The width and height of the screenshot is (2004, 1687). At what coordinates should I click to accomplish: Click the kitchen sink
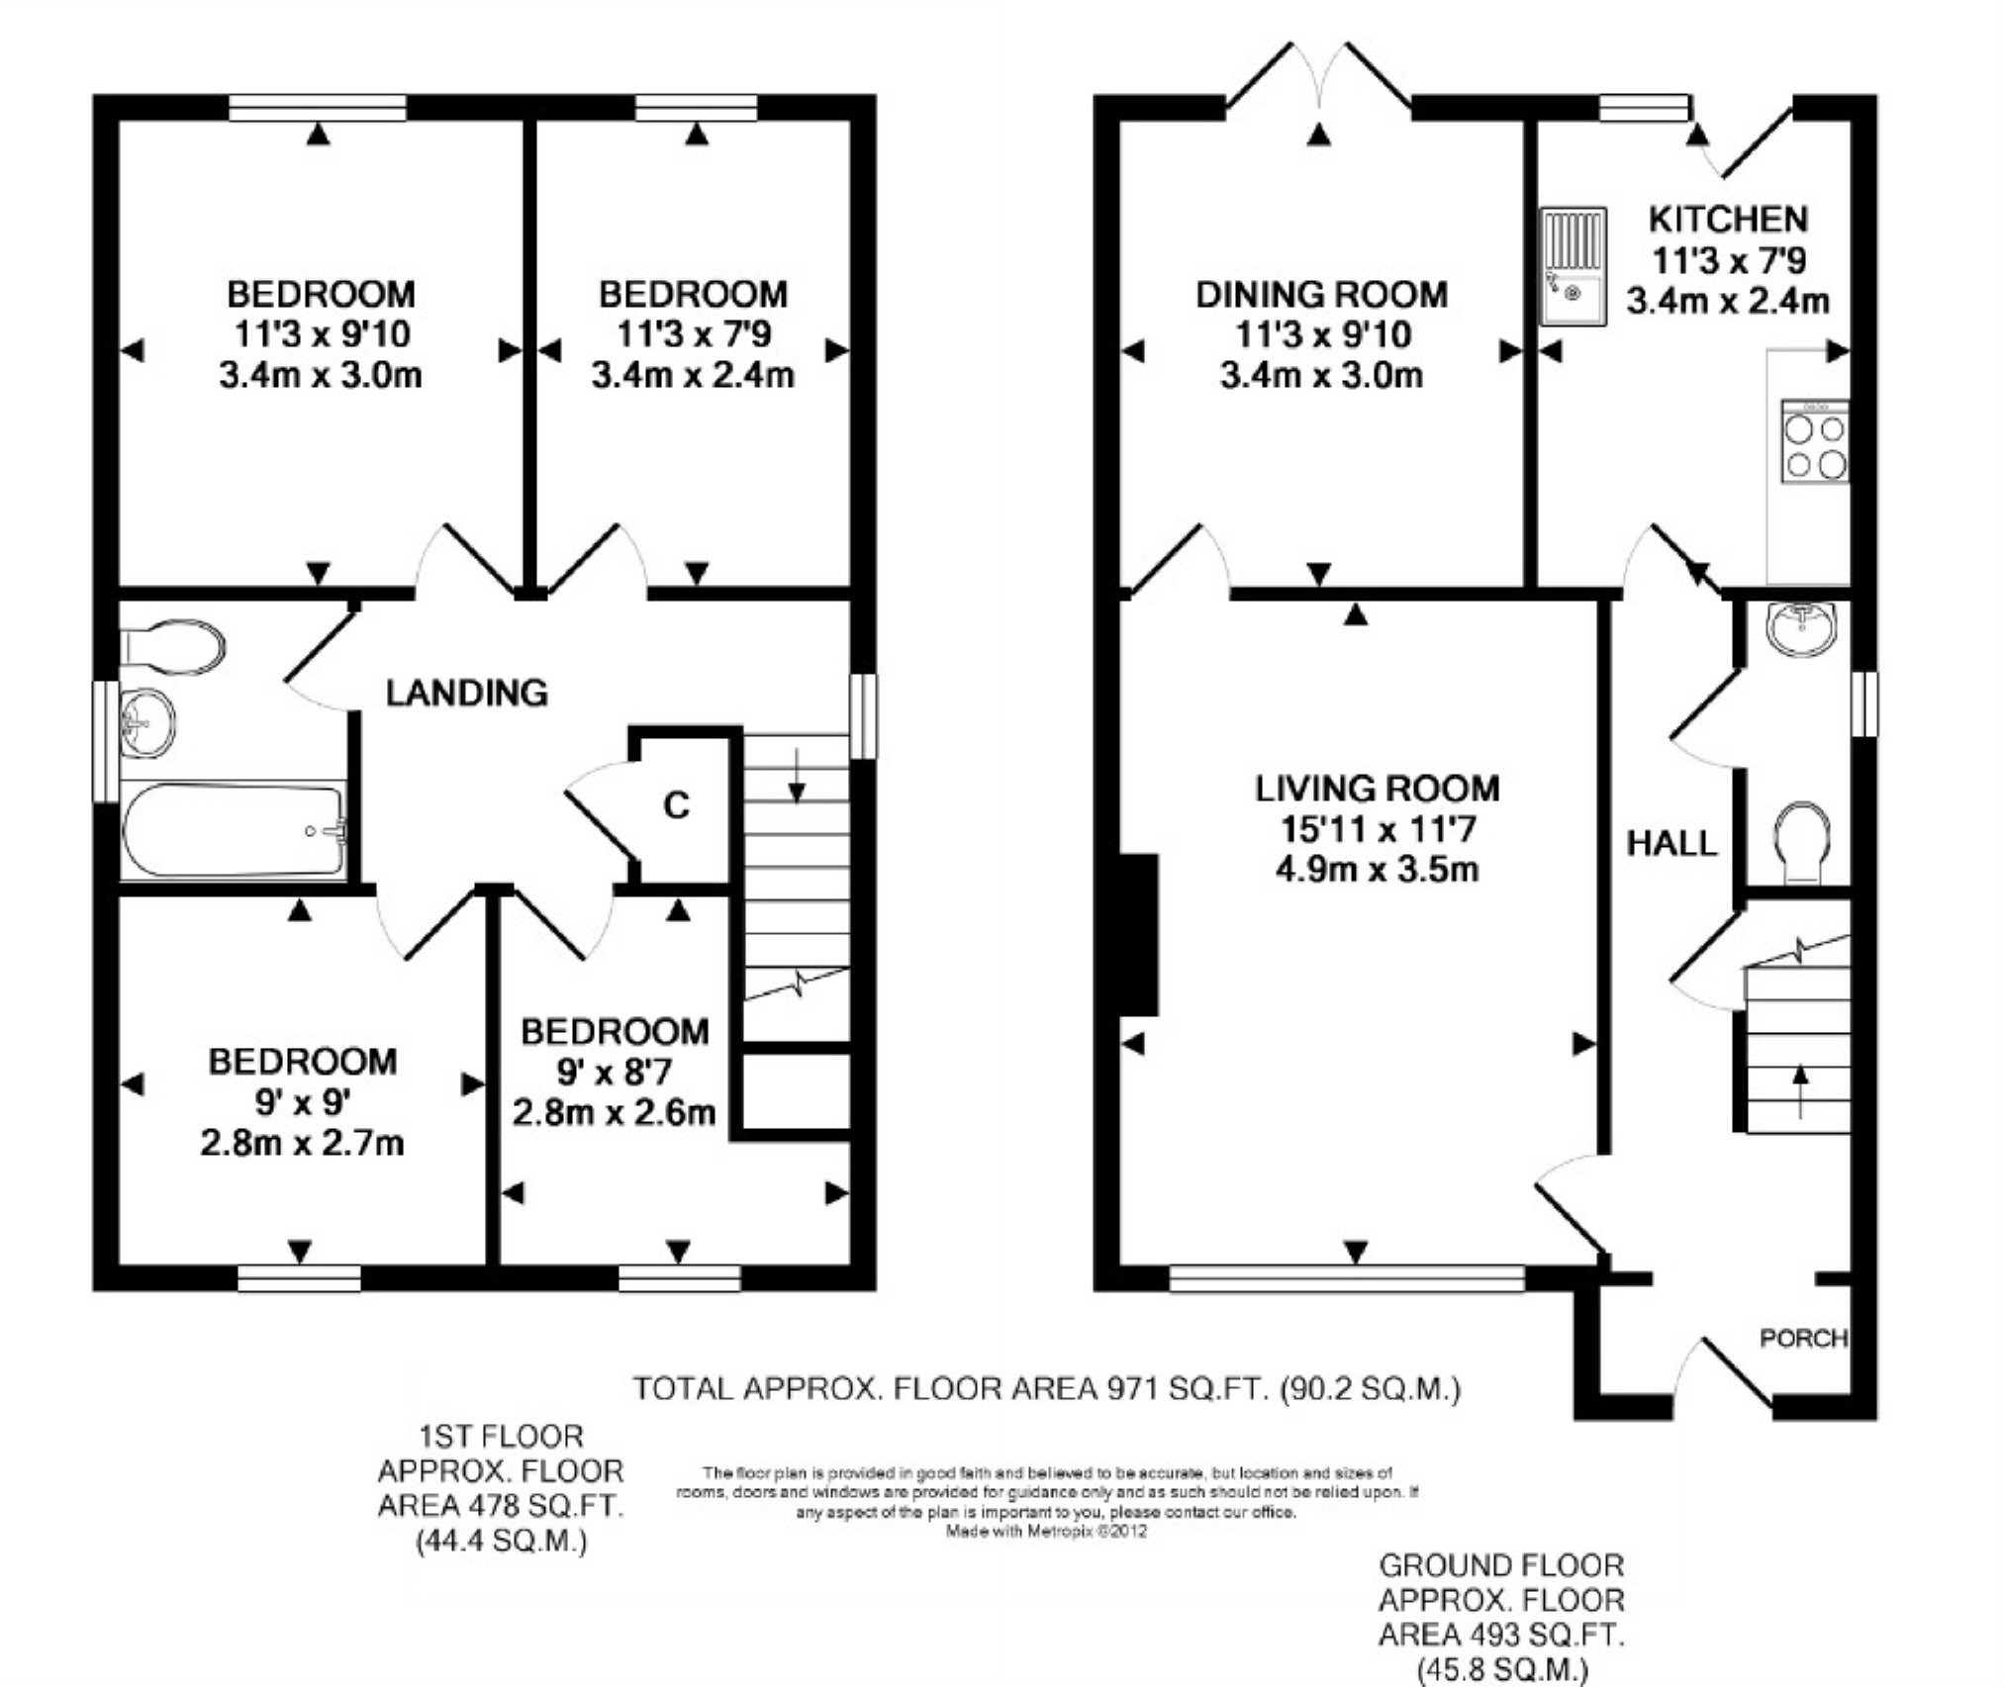[1573, 266]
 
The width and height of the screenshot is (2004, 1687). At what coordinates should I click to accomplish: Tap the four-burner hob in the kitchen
[1815, 441]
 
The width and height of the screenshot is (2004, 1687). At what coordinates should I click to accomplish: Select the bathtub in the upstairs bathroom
[234, 830]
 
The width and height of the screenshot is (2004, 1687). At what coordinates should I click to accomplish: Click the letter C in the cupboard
[676, 805]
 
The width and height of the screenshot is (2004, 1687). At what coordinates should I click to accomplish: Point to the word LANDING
[466, 693]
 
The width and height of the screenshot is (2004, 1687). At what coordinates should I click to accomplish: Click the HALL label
[1671, 843]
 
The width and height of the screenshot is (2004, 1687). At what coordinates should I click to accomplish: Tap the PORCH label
[1803, 1338]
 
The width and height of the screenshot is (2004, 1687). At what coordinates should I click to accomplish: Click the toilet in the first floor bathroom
[172, 647]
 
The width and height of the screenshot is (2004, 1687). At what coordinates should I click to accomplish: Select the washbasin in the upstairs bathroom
[147, 722]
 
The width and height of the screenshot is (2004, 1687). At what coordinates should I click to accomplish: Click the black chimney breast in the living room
[1138, 934]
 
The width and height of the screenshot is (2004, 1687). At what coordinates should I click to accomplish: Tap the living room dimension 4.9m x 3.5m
[1377, 870]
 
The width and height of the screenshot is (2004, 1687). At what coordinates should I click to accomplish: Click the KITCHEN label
[1728, 218]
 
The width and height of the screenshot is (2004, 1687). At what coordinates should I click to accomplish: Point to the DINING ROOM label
[1321, 294]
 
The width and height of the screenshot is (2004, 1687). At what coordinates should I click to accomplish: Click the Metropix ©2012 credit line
[1046, 1531]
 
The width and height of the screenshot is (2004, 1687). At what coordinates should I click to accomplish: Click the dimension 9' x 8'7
[614, 1072]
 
